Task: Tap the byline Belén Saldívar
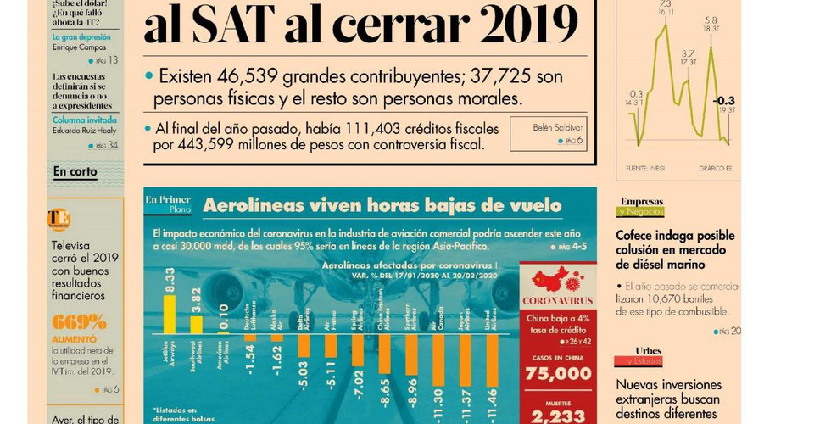(x=556, y=127)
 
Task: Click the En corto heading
(x=75, y=172)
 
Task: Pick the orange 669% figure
(x=79, y=322)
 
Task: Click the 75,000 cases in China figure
(x=559, y=373)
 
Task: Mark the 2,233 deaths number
(x=559, y=416)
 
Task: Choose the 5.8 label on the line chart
(x=711, y=20)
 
